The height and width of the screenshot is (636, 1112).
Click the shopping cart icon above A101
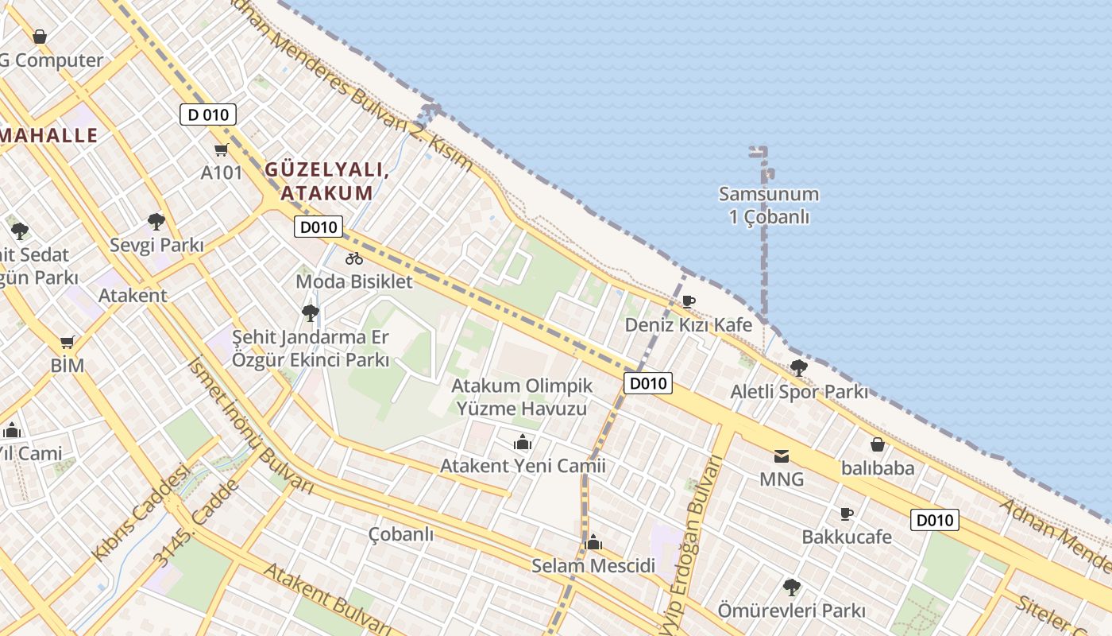click(221, 149)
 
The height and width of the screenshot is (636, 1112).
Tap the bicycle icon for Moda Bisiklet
click(354, 258)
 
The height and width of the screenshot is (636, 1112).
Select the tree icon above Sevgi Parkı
click(156, 222)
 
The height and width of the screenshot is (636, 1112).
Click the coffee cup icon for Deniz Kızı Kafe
click(688, 301)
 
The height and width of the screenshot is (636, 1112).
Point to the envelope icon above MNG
click(782, 456)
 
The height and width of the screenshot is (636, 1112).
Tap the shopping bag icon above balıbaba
click(878, 444)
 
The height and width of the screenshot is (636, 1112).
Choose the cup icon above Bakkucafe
click(846, 514)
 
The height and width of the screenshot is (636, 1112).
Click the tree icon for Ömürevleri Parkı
click(791, 588)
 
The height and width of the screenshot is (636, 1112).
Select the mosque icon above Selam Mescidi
click(593, 543)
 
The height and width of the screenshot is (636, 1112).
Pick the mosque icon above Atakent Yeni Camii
click(523, 442)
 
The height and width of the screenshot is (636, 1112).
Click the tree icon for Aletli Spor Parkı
click(798, 368)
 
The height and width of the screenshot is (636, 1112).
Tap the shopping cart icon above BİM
click(68, 343)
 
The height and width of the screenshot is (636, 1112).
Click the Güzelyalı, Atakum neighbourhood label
click(326, 181)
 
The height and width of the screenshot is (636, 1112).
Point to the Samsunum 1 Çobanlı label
click(768, 205)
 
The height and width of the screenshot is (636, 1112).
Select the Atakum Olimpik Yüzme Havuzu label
click(522, 397)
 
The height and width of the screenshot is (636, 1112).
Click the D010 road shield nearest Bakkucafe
click(934, 521)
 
